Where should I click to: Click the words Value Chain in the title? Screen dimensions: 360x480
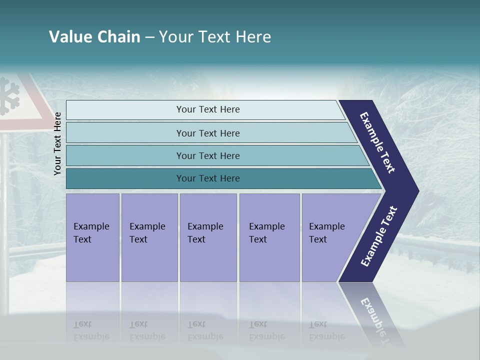(x=94, y=37)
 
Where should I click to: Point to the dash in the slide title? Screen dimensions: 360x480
(x=149, y=37)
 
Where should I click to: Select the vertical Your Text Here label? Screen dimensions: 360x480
(x=57, y=143)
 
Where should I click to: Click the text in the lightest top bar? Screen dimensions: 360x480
(x=208, y=109)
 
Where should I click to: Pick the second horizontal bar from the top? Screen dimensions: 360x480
(x=208, y=133)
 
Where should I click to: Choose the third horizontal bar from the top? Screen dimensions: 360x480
(x=208, y=155)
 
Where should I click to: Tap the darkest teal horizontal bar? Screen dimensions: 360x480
(x=208, y=178)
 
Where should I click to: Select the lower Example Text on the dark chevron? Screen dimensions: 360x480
(x=379, y=236)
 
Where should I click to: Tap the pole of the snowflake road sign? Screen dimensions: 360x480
(x=4, y=210)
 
